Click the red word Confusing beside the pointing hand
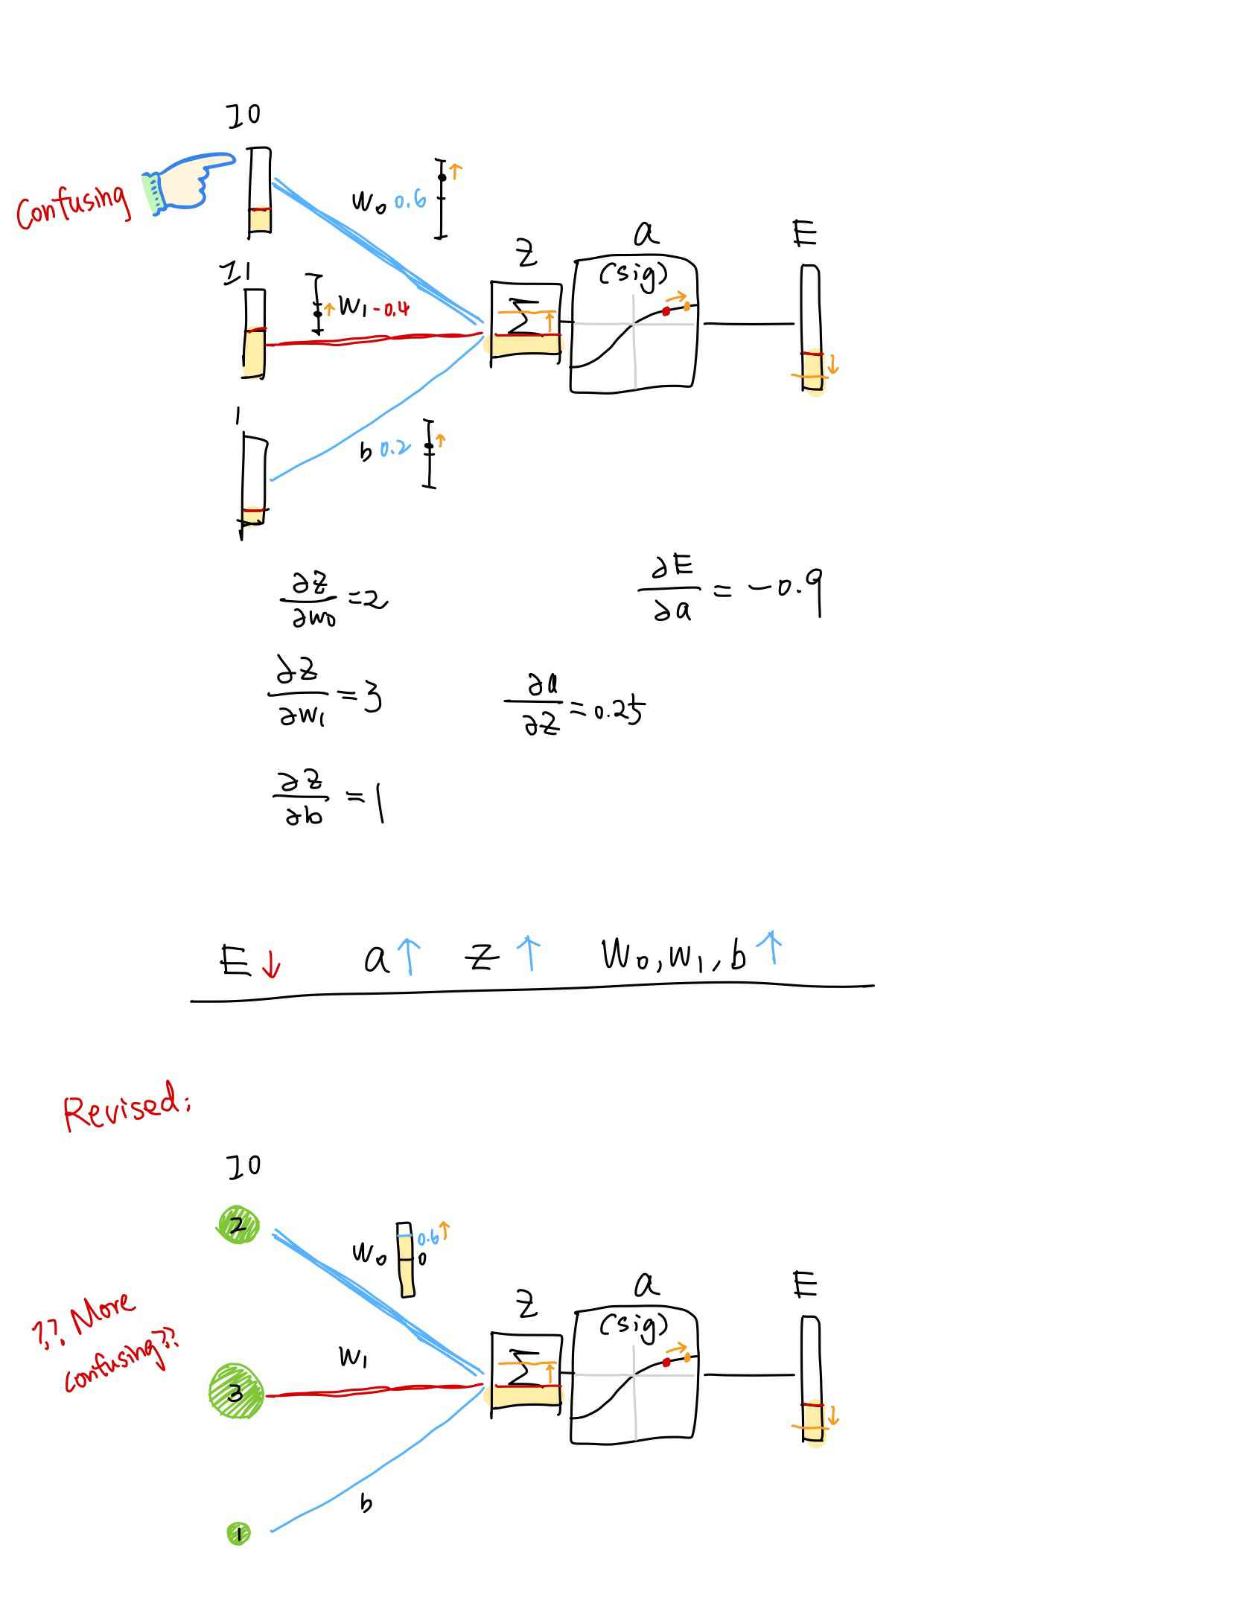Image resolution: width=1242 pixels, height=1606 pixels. [73, 206]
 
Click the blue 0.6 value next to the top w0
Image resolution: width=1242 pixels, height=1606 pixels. [410, 200]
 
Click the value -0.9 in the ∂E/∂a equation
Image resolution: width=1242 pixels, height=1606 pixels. [785, 590]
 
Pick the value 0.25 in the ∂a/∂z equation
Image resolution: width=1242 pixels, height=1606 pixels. [618, 711]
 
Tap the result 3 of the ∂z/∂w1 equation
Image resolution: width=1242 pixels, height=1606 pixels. [372, 698]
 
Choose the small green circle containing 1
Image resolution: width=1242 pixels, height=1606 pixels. [238, 1533]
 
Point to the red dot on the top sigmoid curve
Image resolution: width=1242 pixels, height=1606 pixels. [666, 311]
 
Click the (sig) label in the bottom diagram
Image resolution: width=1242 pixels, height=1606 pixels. [634, 1325]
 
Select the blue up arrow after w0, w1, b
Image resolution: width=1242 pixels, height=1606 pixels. [773, 947]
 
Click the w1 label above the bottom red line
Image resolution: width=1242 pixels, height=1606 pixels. [353, 1357]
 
